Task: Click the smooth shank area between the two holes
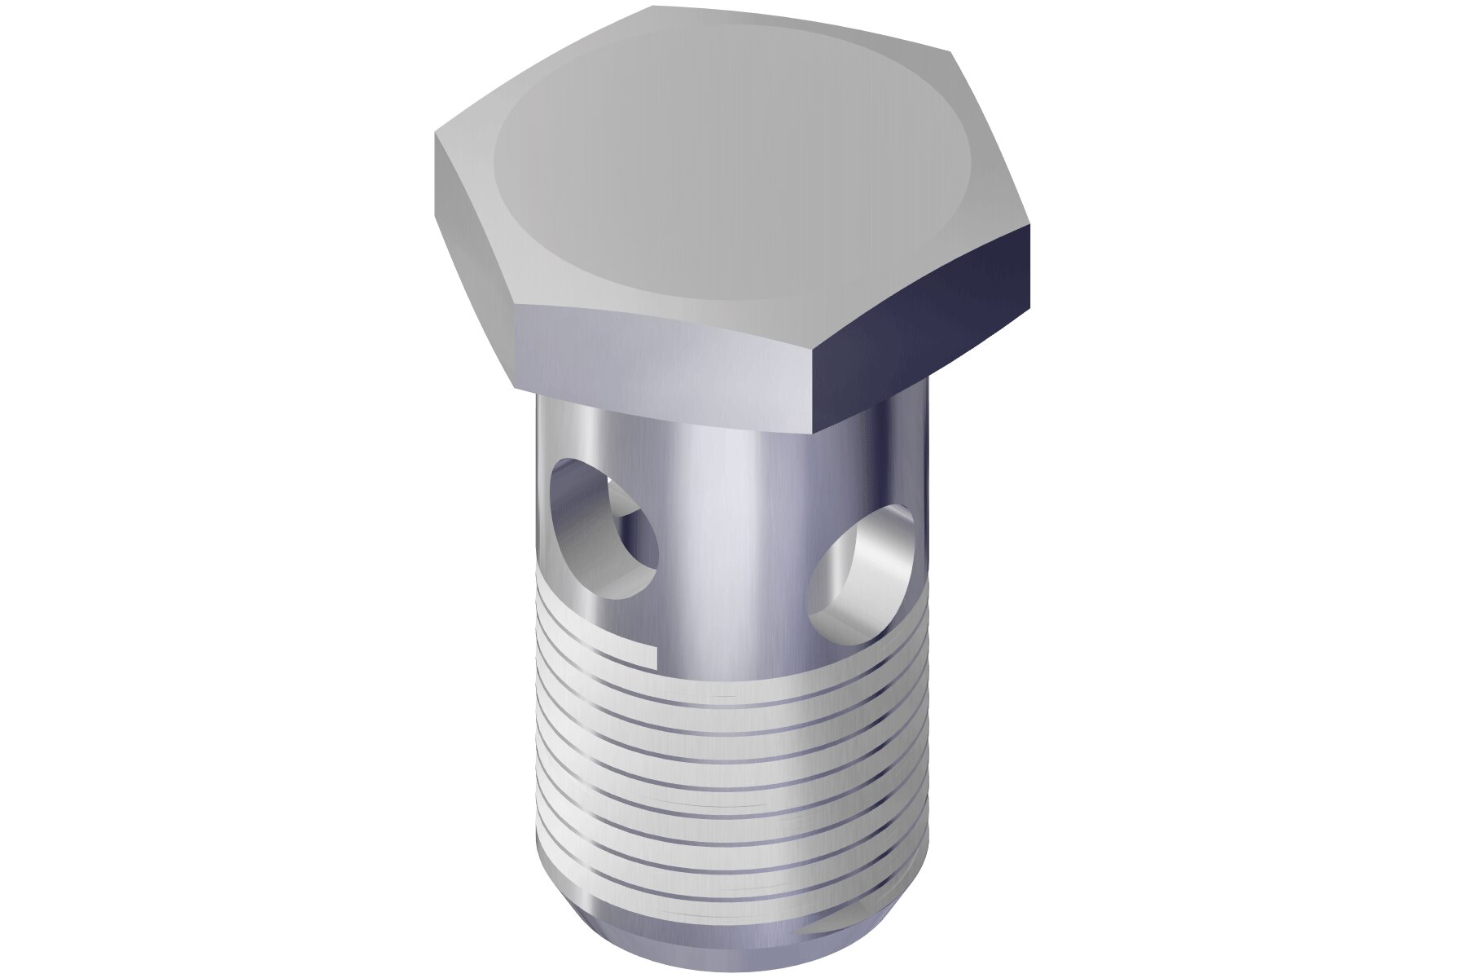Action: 733,530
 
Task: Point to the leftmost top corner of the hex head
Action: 436,137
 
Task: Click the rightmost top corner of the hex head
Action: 1031,227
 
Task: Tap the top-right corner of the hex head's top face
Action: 951,54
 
